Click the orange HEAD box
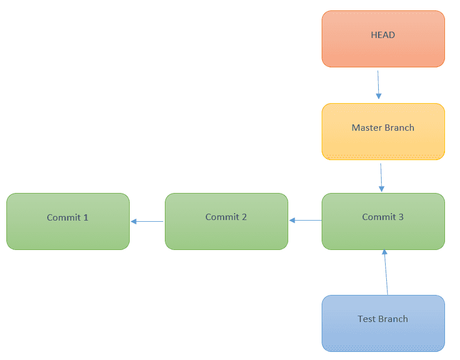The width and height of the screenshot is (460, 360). click(x=383, y=39)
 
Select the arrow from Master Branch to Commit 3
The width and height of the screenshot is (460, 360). click(x=381, y=177)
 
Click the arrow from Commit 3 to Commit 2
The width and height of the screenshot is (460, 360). click(x=306, y=220)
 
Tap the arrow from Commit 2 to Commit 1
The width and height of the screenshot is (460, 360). click(x=148, y=221)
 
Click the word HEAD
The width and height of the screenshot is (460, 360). click(x=383, y=35)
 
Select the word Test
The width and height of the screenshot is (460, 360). click(x=367, y=319)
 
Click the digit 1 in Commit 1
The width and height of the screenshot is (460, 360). click(x=86, y=218)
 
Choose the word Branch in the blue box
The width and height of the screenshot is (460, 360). click(x=393, y=319)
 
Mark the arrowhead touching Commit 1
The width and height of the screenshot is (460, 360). click(x=134, y=221)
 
